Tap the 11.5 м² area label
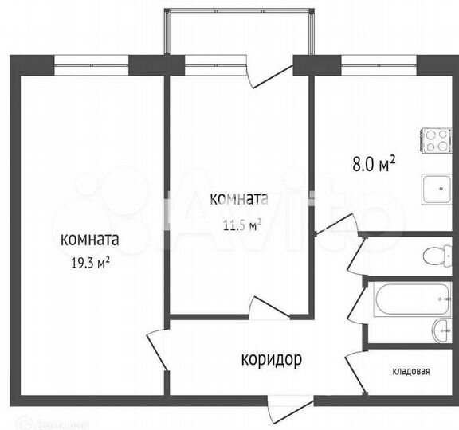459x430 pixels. [242, 225]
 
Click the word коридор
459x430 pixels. [271, 360]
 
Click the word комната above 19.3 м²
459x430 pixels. [89, 238]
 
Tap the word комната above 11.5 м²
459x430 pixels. [238, 199]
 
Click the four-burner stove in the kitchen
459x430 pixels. [436, 140]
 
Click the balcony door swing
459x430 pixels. [265, 74]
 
